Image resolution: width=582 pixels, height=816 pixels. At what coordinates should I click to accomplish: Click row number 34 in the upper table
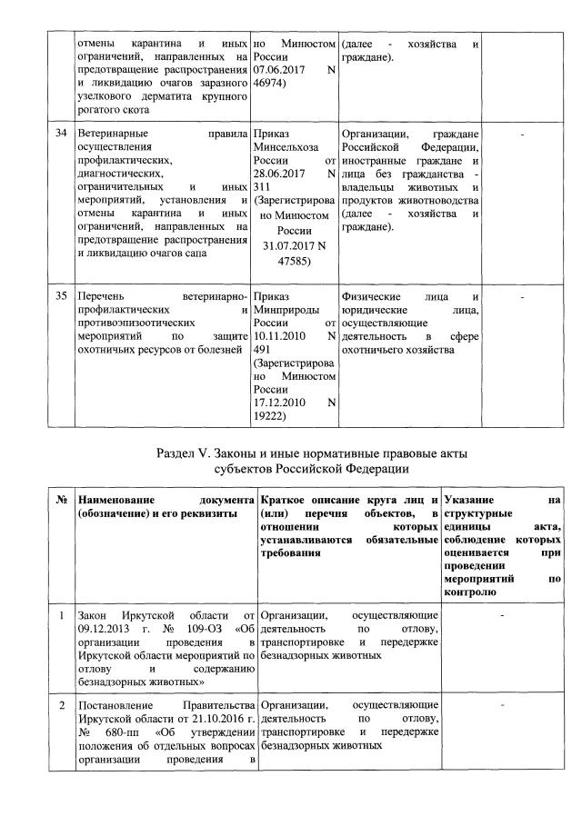click(61, 134)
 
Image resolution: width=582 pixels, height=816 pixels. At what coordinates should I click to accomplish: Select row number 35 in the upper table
click(61, 296)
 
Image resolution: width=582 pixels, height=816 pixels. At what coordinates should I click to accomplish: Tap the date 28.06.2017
click(278, 174)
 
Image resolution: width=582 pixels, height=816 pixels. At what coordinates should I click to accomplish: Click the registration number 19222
click(271, 416)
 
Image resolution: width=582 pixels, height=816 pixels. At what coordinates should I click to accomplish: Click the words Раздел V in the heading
click(190, 453)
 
